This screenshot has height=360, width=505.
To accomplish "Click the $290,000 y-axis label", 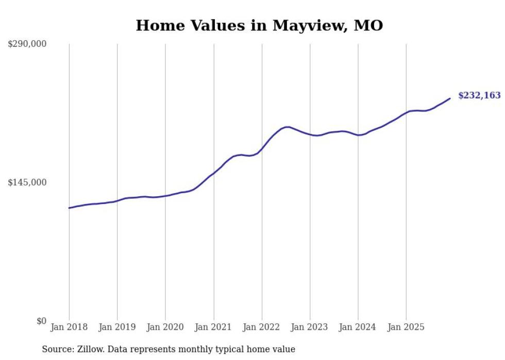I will coord(27,44).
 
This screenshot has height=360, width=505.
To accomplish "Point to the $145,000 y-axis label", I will coord(27,182).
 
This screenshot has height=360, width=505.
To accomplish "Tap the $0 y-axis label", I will coord(41,321).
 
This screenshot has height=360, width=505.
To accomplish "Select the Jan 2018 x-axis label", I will coord(69,327).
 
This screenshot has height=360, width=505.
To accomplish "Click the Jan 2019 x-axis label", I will coord(117,327).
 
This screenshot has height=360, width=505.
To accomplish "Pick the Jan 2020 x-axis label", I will coord(165,327).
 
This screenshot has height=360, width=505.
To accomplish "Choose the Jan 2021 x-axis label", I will coord(213,327).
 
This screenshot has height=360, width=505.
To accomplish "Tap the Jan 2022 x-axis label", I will coord(262,327).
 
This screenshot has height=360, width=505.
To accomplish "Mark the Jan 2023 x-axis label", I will coord(310,327).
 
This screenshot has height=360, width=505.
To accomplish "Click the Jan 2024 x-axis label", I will coord(358,327).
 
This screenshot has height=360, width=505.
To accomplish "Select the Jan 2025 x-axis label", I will coord(406,327).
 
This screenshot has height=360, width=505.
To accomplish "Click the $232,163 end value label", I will coord(479,95).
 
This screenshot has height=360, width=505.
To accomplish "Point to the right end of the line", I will coord(450,98).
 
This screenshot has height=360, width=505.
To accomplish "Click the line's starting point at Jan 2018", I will coord(69,208).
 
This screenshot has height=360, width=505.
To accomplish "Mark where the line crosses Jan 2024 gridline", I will coord(358,135).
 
